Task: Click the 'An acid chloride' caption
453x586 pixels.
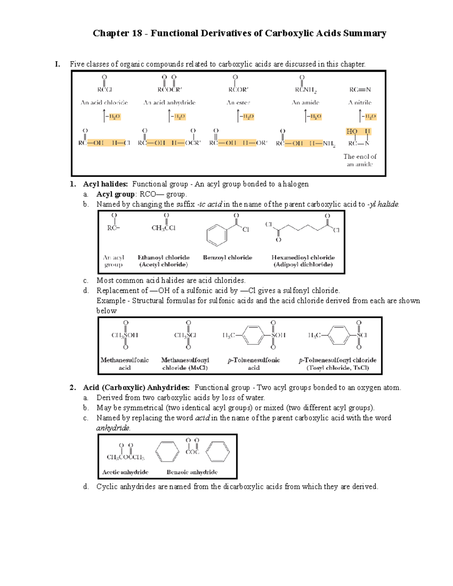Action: [104, 102]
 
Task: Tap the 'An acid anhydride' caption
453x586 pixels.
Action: [169, 102]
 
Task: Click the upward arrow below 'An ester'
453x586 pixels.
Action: [238, 116]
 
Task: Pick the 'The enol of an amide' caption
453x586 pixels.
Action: [360, 160]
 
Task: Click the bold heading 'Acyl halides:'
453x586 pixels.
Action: [105, 184]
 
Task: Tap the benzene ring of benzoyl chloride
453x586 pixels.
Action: [217, 235]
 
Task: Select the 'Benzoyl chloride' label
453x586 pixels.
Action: [227, 257]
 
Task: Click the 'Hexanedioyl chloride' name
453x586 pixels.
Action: [303, 257]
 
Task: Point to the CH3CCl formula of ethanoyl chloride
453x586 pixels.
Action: [163, 228]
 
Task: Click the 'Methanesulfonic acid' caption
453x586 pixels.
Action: [125, 364]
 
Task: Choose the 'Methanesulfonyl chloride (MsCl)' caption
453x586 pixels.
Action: [185, 364]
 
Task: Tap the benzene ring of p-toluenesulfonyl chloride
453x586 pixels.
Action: [339, 335]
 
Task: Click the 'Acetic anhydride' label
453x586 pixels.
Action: [125, 472]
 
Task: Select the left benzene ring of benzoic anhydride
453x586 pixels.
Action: [167, 452]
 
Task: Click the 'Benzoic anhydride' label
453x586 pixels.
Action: [192, 472]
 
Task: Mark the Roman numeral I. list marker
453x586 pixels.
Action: [57, 64]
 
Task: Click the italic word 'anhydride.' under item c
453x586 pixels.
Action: [113, 428]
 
